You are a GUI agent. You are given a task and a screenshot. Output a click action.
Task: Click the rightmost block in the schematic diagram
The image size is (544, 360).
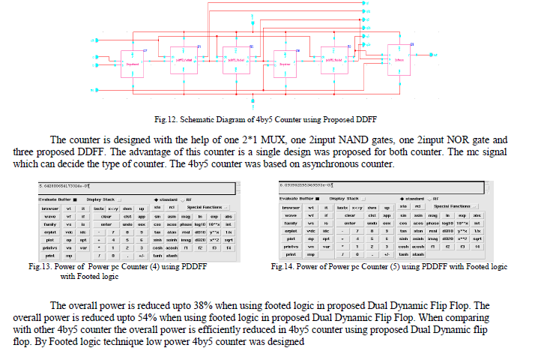(399, 59)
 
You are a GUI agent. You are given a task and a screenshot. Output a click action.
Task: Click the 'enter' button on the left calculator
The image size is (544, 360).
(106, 223)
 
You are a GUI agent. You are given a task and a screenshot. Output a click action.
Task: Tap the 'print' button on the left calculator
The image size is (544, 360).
(50, 255)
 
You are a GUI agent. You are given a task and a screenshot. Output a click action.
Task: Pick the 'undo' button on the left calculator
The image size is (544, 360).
(127, 223)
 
